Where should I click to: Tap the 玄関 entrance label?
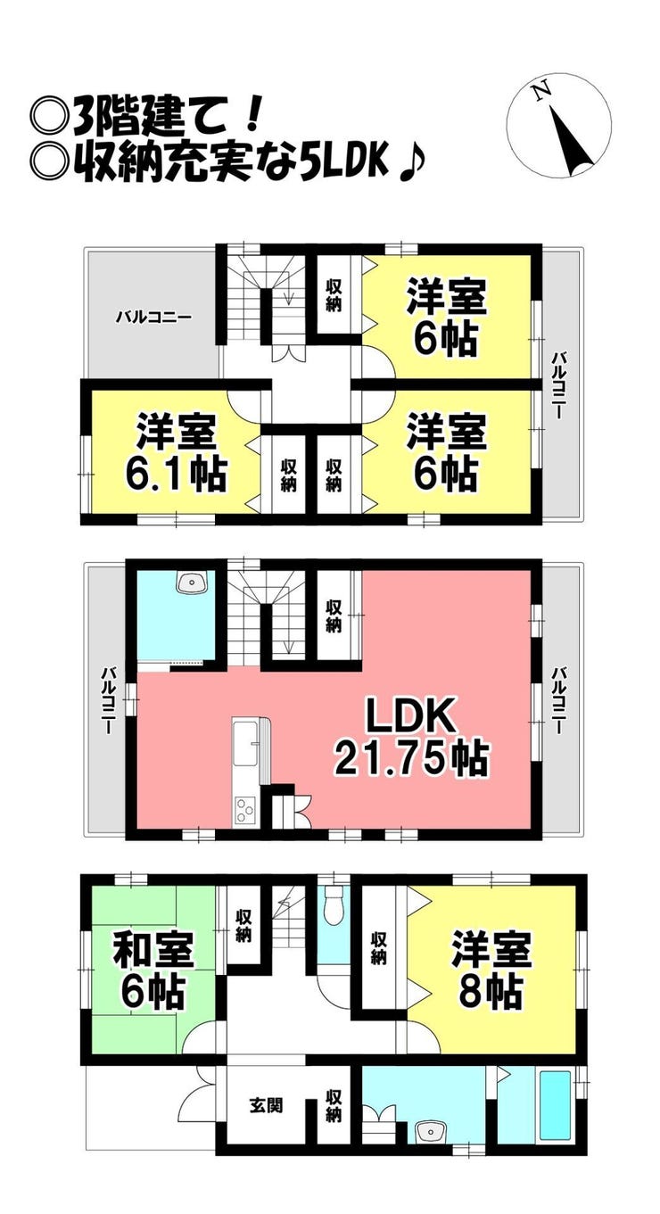pos(266,1090)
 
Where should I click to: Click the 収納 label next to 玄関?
pos(334,1090)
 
